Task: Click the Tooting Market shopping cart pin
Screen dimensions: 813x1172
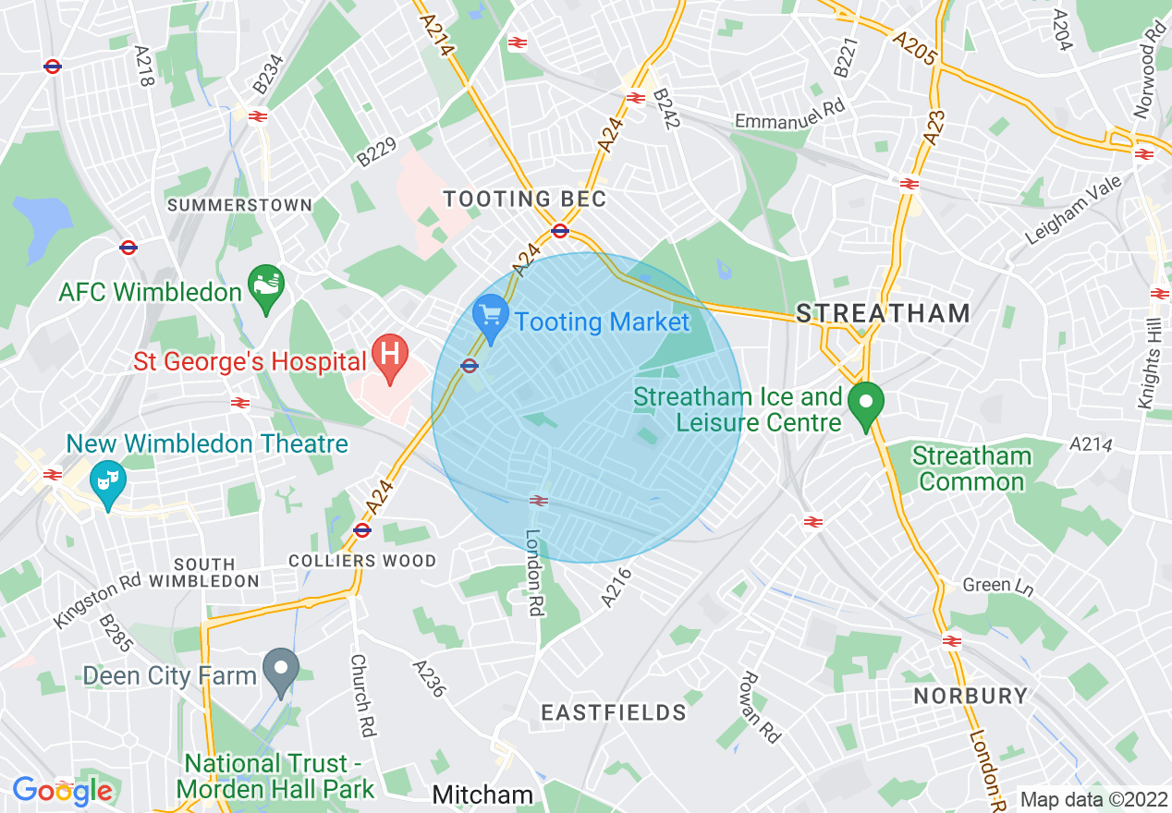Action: pos(491,317)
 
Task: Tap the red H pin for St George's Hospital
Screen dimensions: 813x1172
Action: pos(390,357)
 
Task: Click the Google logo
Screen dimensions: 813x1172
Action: pos(62,791)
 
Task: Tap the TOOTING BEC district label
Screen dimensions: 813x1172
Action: pos(524,199)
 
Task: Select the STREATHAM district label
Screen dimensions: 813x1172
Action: pos(883,313)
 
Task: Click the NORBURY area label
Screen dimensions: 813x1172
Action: pos(971,696)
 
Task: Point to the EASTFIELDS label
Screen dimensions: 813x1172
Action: pos(614,712)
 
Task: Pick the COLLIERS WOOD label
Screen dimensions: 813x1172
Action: pos(362,561)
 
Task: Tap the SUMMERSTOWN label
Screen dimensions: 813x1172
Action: pos(239,204)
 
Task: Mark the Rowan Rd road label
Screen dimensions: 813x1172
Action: pos(759,707)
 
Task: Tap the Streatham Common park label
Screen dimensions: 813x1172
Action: pos(971,468)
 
